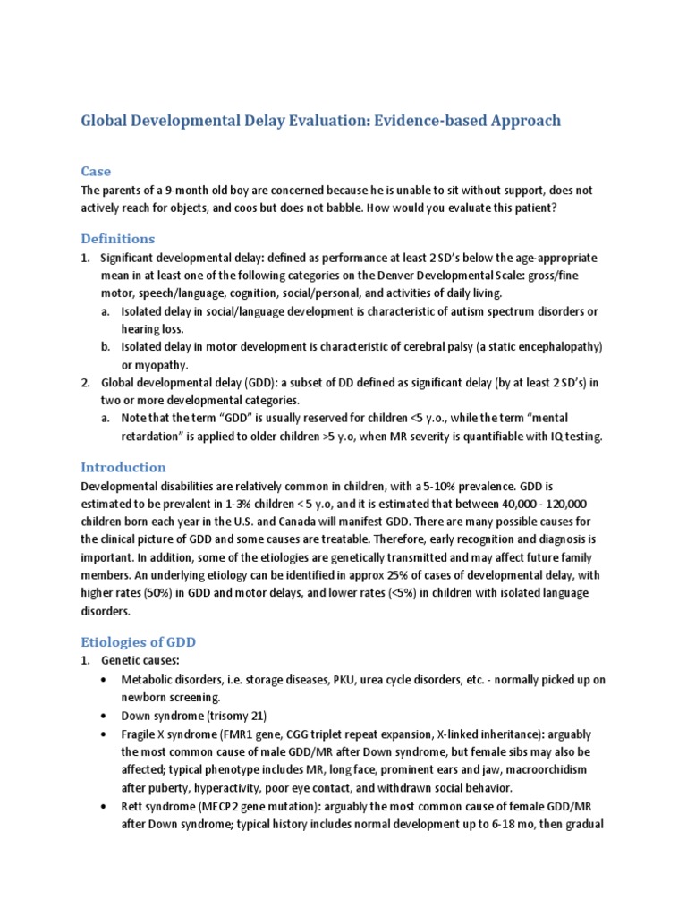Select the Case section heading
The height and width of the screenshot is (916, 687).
tap(96, 171)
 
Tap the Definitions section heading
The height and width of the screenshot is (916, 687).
tap(117, 239)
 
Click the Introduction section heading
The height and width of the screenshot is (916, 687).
tap(123, 467)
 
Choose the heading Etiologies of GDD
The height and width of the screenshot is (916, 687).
tap(138, 642)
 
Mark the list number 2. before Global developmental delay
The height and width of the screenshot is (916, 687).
tap(86, 383)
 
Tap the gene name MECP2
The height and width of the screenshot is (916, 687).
tap(211, 806)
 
